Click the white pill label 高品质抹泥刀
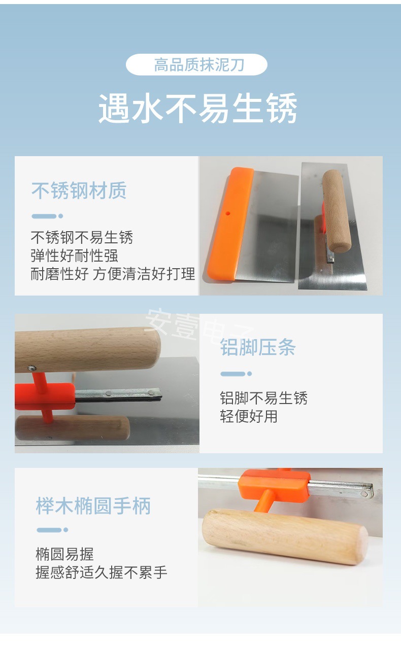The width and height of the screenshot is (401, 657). click(196, 64)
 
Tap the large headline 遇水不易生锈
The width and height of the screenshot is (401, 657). click(198, 108)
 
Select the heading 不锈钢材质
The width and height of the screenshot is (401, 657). click(79, 191)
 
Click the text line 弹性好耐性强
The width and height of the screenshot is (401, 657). click(74, 255)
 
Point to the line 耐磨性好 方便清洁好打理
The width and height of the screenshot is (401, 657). click(113, 274)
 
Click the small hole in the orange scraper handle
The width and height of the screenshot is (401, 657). click(227, 213)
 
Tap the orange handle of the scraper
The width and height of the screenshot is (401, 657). click(230, 224)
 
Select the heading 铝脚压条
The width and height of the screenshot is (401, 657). click(258, 347)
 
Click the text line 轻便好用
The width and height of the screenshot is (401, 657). click(249, 416)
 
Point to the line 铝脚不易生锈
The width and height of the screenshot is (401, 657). click(263, 398)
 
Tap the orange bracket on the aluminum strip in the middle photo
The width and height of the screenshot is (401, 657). click(45, 396)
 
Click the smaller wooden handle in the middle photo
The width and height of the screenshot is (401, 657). click(72, 428)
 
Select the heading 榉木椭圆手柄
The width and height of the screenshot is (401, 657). click(93, 506)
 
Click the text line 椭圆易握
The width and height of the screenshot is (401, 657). click(64, 554)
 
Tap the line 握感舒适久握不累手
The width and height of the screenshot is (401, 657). click(102, 572)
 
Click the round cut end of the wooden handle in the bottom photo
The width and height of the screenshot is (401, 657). click(363, 545)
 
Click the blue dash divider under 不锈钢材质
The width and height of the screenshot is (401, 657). click(47, 216)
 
